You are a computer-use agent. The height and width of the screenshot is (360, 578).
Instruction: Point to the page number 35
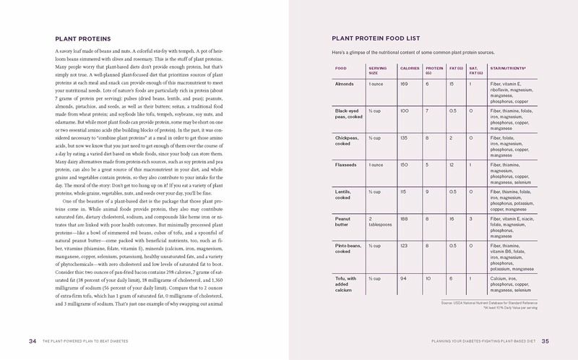(x=546, y=341)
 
